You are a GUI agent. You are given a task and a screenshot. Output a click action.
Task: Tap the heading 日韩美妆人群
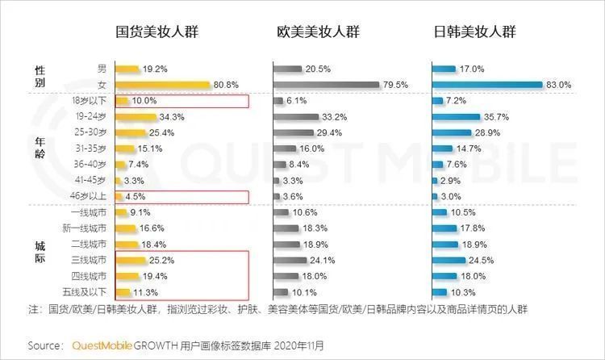tap(474, 32)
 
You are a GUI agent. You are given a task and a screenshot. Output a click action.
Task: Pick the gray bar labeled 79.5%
tap(326, 85)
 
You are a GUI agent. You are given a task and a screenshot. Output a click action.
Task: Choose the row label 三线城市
tap(90, 260)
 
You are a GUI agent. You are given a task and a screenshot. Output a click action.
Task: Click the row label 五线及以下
tap(88, 292)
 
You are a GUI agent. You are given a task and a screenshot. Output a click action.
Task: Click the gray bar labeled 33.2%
tap(297, 117)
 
